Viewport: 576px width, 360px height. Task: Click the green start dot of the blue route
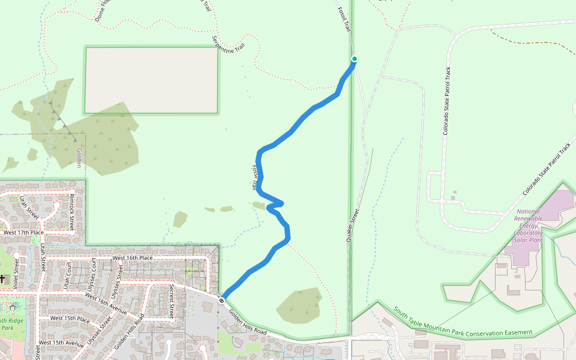coord(354,59)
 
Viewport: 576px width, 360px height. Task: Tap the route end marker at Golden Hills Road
coord(222,300)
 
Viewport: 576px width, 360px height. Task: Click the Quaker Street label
coord(352,226)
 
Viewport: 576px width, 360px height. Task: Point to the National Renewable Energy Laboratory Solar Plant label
coord(528,226)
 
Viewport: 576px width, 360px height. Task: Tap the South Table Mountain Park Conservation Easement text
coord(463,323)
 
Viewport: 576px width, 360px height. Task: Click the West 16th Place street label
coord(132,258)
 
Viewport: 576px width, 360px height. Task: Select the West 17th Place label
coord(23,232)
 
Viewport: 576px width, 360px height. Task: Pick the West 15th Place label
coord(70,318)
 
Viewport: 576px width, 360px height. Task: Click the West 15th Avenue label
coord(61,343)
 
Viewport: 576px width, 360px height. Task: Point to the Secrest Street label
coord(172,301)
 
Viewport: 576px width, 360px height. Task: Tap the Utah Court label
coord(67,274)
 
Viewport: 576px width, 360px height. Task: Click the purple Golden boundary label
coord(79,158)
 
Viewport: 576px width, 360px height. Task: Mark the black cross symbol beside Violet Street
coord(2,278)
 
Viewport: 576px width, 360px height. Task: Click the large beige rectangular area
coord(151,80)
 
